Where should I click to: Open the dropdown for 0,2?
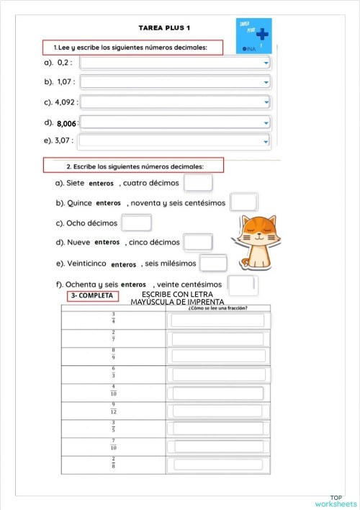[176, 63]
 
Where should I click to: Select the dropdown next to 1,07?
[176, 83]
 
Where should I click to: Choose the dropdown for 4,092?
[176, 102]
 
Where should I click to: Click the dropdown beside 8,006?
[176, 122]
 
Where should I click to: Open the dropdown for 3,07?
[176, 140]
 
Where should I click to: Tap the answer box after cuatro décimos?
[198, 183]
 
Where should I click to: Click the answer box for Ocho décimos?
[136, 223]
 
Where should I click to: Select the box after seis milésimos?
[213, 264]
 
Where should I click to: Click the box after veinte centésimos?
[242, 285]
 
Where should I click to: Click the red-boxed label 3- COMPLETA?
[93, 296]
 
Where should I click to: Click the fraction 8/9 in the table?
[113, 354]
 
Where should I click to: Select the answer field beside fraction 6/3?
[217, 374]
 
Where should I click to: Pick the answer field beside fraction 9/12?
[217, 410]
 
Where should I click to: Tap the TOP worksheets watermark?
[336, 501]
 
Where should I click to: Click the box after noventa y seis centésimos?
[244, 203]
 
